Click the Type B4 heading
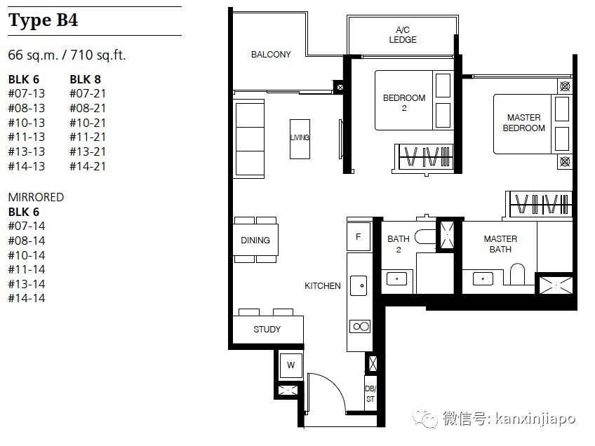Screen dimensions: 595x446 coord(43,20)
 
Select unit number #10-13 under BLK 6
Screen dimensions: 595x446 coord(27,123)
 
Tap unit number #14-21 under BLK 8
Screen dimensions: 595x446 coord(88,166)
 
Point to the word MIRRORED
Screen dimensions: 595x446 coord(36,197)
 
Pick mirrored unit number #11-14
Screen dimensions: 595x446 coord(27,269)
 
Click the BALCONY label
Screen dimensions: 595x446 coord(271,55)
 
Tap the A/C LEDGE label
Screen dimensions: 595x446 coord(403,34)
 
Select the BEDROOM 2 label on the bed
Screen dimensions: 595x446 coord(404,103)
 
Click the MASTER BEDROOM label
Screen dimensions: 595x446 coord(523,123)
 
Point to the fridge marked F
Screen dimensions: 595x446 coord(359,236)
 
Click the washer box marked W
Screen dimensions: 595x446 coord(290,365)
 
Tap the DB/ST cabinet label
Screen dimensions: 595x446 coord(370,393)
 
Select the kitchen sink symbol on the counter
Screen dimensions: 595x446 coord(359,285)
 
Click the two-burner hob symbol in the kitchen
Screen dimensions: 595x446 coord(360,327)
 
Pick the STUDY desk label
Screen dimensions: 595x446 coord(267,329)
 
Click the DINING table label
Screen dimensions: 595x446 coord(255,240)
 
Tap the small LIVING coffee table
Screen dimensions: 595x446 coord(300,139)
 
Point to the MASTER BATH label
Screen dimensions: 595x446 coord(500,244)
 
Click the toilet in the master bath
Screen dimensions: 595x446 coord(516,273)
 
